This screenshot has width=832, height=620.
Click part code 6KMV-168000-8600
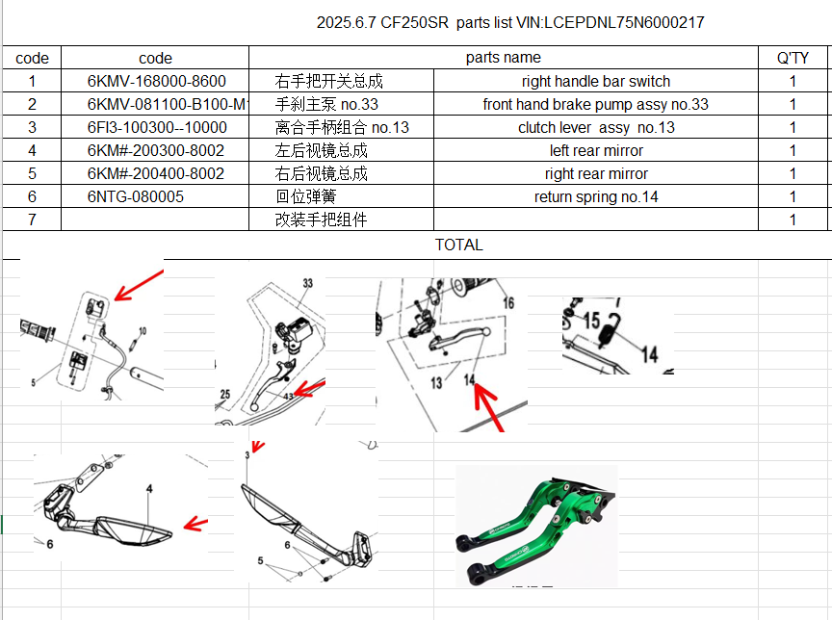click(156, 82)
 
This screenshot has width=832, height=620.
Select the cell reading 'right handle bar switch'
click(596, 82)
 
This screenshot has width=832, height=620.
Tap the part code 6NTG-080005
click(135, 197)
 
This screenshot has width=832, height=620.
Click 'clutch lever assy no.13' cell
click(596, 128)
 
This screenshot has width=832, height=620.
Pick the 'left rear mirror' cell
click(596, 151)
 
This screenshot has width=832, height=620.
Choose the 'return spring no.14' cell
click(596, 197)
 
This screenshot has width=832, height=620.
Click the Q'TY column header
click(793, 58)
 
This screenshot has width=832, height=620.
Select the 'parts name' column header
click(503, 58)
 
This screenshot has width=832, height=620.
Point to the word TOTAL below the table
click(458, 245)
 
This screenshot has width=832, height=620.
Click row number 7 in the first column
click(32, 220)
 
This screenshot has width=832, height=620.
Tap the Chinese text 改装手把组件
click(321, 220)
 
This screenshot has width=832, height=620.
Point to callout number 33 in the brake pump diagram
click(308, 285)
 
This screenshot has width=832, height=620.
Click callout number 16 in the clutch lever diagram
click(507, 303)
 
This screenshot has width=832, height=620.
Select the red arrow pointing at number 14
click(490, 408)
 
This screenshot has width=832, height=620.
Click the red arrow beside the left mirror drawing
click(195, 524)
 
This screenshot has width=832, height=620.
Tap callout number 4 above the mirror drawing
click(149, 489)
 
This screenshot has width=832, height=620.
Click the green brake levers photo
click(535, 525)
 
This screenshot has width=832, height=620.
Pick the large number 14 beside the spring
click(650, 354)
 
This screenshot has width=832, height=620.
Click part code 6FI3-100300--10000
click(156, 128)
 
